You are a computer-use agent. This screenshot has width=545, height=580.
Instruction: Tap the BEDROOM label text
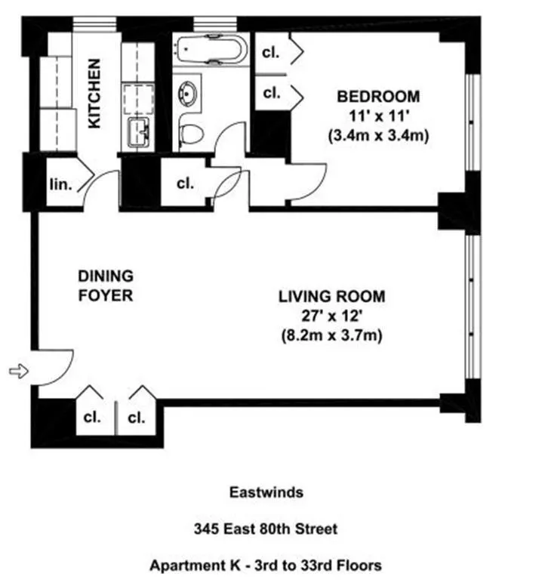(x=377, y=97)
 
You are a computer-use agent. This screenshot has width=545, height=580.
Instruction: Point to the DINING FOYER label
(x=106, y=285)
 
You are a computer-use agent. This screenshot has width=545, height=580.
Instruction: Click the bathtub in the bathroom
(x=209, y=51)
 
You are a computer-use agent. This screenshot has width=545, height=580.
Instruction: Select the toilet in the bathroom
(x=191, y=134)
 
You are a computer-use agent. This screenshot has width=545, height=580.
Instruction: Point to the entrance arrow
(x=18, y=371)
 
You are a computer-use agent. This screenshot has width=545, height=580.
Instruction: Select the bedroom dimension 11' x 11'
(x=377, y=117)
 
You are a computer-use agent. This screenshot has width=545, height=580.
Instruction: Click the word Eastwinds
(x=266, y=492)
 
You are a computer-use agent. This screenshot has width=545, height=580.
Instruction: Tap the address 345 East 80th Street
(x=266, y=529)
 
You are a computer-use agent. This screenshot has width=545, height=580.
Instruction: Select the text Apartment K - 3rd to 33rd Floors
(x=266, y=565)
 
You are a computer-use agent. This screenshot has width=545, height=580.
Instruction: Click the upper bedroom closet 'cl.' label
(x=271, y=52)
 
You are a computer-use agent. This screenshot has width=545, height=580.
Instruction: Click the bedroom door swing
(x=306, y=183)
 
